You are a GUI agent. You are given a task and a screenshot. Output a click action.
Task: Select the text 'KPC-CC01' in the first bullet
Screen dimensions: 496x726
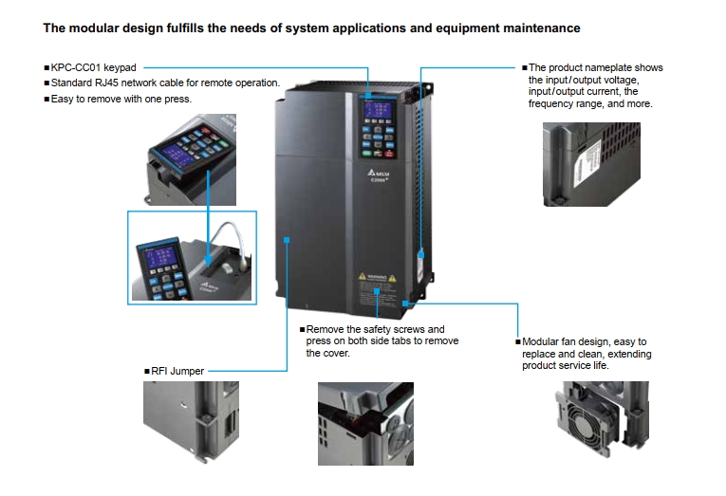point(74,68)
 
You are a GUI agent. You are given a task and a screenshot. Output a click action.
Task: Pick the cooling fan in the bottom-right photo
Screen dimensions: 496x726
point(588,418)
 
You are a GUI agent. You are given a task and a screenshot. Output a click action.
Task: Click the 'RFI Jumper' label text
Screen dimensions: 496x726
point(177,371)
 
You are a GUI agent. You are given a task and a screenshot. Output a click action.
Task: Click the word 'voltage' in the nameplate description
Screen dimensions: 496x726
point(640,80)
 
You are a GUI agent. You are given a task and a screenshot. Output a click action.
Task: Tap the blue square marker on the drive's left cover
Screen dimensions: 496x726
point(287,241)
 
